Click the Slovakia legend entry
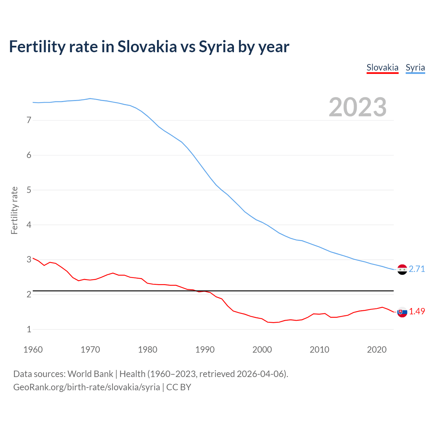382,67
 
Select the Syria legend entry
415,67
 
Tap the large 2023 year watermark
357,107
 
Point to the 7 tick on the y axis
29,120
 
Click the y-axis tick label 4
29,225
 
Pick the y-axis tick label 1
29,329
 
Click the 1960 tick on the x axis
33,350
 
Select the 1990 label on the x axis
205,350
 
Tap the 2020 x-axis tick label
377,350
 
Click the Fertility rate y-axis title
14,210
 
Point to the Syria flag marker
402,270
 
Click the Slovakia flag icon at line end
402,312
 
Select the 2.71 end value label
417,269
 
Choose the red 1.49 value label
417,311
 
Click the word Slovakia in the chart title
147,46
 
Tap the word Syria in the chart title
217,46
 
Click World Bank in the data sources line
90,374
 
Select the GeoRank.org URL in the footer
86,387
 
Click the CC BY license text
179,387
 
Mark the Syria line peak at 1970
90,98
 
